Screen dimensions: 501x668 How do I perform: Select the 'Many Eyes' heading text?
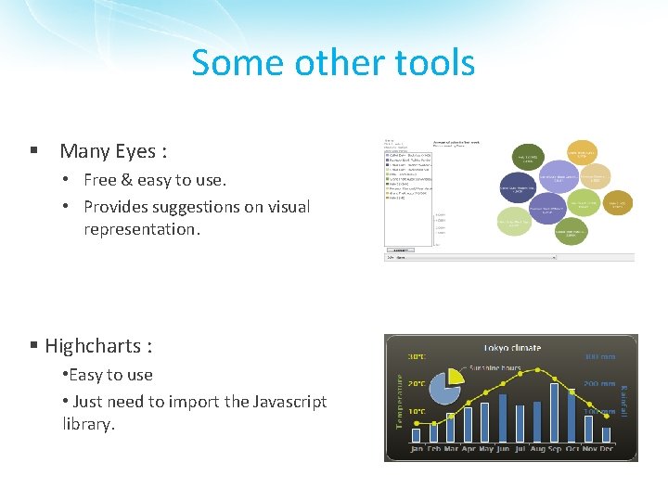pos(113,150)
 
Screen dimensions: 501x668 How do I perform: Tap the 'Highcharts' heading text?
pos(98,346)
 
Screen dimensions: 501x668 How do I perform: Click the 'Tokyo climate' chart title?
pos(510,348)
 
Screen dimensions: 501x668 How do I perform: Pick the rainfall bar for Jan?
pos(416,434)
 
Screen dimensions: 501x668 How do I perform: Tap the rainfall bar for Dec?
pos(607,433)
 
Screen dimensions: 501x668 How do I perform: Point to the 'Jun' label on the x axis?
pos(503,450)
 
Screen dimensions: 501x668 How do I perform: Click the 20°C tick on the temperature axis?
pos(417,382)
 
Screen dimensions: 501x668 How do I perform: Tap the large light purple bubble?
pos(547,209)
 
